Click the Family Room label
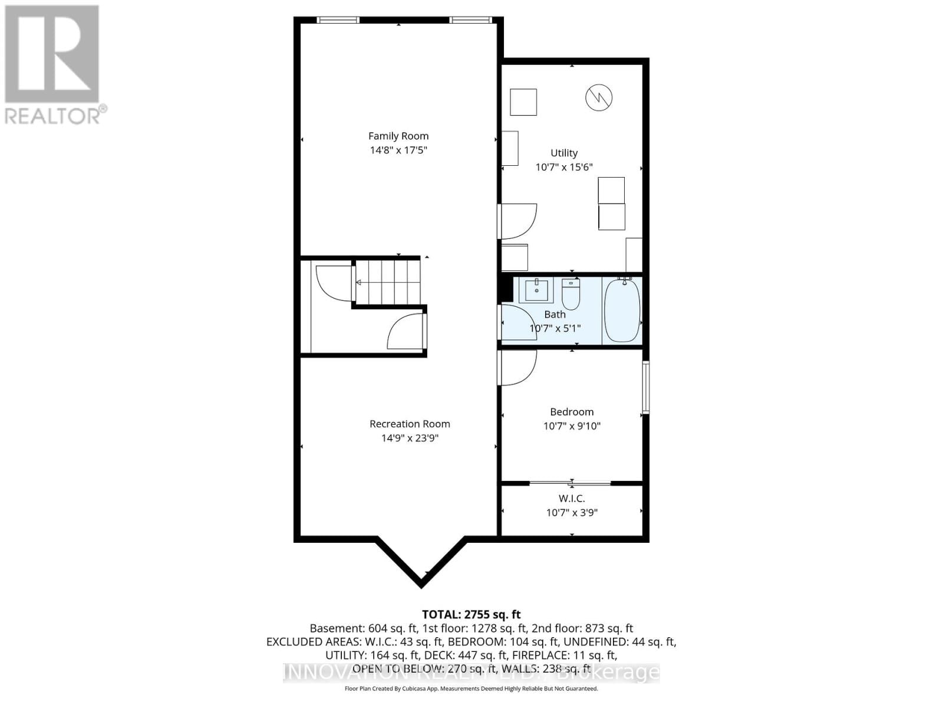click(x=398, y=136)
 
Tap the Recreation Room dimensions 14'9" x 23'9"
click(x=410, y=438)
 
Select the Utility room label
click(x=564, y=153)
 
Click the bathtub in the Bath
click(x=622, y=311)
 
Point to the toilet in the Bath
click(x=571, y=294)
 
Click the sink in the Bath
click(x=536, y=290)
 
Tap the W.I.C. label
click(x=572, y=499)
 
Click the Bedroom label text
click(x=572, y=412)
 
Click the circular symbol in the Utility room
click(x=599, y=97)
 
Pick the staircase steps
click(x=389, y=283)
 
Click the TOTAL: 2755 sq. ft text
click(x=471, y=615)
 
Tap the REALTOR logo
click(x=52, y=64)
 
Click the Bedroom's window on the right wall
click(x=645, y=387)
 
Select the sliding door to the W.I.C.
click(x=571, y=483)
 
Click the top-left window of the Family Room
click(x=338, y=20)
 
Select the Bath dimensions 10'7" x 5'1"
click(x=555, y=329)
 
